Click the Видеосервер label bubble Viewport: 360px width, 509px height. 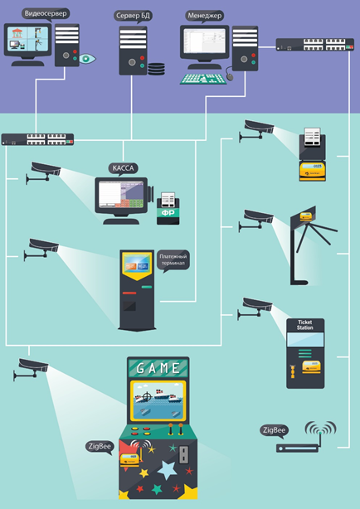[x=46, y=14]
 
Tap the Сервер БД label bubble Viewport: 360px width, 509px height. [x=134, y=16]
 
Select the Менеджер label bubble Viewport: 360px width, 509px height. [x=205, y=16]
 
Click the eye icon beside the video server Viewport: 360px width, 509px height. [x=87, y=58]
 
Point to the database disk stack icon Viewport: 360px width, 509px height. [x=156, y=69]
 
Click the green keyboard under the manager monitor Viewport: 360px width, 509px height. [x=203, y=79]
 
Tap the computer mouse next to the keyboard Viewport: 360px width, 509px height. [x=230, y=76]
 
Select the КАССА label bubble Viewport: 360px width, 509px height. [x=123, y=168]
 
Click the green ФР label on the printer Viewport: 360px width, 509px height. [x=168, y=213]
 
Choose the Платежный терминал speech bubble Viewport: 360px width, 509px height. [x=173, y=260]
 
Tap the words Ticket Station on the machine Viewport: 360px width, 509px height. [x=305, y=325]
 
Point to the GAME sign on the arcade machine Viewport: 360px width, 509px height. [x=158, y=368]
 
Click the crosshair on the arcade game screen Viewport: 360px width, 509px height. [x=147, y=396]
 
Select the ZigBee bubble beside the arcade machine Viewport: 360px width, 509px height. [x=100, y=447]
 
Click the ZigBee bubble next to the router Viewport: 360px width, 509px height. [x=275, y=431]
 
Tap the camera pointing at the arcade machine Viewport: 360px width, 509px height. [x=32, y=369]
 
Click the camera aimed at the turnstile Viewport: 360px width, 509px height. [x=256, y=220]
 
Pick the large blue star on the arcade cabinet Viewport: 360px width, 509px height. [x=167, y=470]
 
